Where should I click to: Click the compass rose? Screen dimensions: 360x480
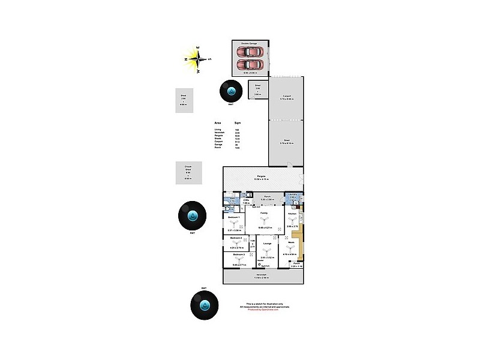(199, 58)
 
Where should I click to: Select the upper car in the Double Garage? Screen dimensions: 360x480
(250, 52)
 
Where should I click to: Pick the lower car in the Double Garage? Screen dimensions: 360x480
(250, 64)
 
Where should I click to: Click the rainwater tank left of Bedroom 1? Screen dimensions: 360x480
(192, 215)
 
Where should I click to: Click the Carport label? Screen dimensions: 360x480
(286, 96)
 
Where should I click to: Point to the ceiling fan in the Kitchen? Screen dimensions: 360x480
(292, 220)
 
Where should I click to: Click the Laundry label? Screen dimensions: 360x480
(292, 194)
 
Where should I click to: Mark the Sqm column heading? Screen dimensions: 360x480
(237, 122)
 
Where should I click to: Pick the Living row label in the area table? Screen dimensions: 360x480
(217, 130)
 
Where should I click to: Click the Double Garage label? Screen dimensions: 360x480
(249, 44)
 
